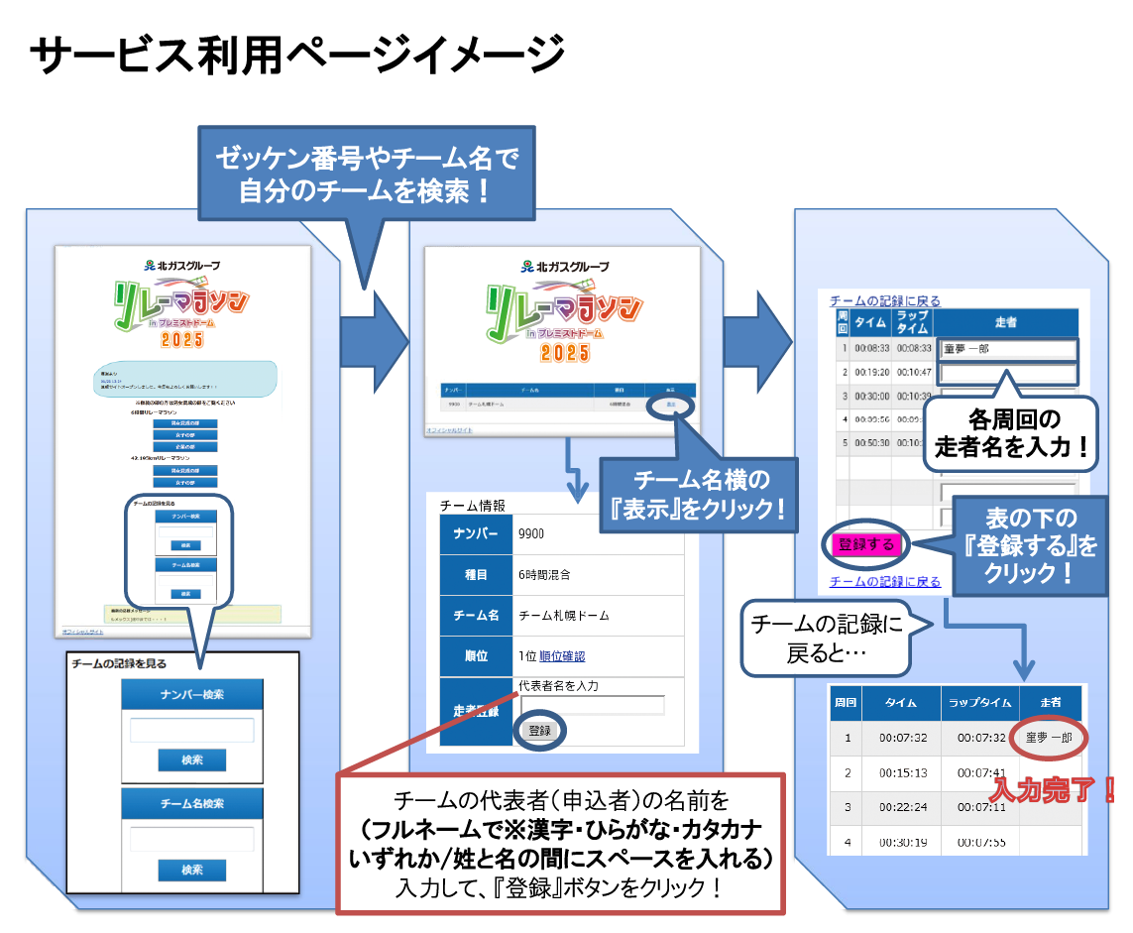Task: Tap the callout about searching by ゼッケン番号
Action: (x=366, y=173)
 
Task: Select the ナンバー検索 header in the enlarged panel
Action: (x=191, y=695)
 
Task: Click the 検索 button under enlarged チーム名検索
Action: (x=191, y=870)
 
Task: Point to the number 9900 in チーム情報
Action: (x=531, y=534)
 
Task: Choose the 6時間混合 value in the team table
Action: (x=544, y=574)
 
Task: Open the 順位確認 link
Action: (x=562, y=655)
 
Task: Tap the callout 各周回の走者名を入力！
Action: (x=1011, y=433)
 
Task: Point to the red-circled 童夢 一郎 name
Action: (x=1050, y=738)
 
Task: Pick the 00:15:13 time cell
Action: (x=902, y=772)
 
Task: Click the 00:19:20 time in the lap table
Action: (x=871, y=373)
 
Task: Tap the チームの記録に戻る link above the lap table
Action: (x=884, y=299)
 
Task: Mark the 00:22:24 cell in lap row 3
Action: (x=902, y=807)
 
